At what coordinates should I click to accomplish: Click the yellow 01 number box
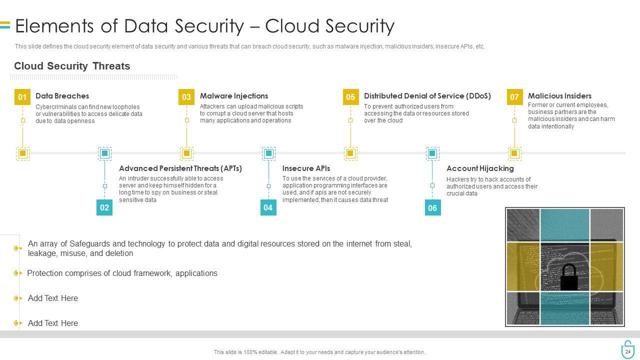tap(22, 97)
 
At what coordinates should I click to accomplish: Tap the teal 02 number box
tap(104, 207)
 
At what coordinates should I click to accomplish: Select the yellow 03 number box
tap(186, 97)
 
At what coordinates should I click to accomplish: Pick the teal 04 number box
tap(268, 207)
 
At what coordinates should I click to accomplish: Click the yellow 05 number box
tap(350, 97)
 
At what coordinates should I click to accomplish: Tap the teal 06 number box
tap(432, 207)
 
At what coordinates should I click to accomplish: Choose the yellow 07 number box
tap(514, 97)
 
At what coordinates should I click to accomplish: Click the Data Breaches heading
tap(62, 96)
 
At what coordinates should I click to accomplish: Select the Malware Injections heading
tap(234, 96)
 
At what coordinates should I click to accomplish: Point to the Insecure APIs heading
tap(306, 168)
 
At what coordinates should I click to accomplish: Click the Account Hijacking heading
tap(480, 168)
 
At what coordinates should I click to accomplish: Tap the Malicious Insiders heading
tap(559, 96)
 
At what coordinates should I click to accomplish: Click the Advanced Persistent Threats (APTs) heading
tap(180, 168)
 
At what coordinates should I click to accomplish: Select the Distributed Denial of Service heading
tap(427, 96)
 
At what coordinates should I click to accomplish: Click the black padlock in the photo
tap(568, 277)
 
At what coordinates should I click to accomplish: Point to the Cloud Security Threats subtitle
tap(72, 66)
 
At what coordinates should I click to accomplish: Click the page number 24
tap(628, 352)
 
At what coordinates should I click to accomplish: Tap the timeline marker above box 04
tap(268, 153)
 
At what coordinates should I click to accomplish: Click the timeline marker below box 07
tap(514, 153)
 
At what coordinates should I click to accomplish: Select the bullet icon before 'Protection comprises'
tap(18, 273)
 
